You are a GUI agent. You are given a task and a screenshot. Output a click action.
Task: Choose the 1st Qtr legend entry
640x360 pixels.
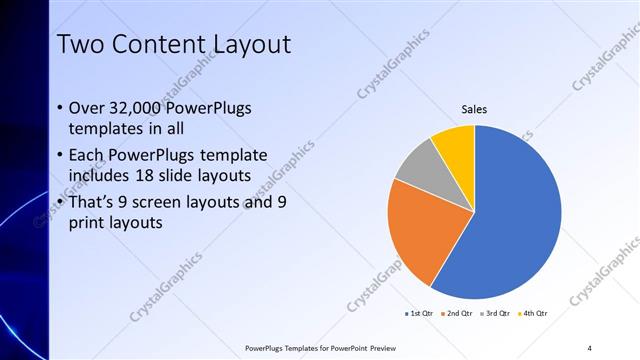pos(418,313)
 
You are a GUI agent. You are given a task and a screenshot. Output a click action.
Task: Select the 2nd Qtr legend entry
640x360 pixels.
pos(457,313)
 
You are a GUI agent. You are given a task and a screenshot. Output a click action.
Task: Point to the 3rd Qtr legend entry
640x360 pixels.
pos(496,313)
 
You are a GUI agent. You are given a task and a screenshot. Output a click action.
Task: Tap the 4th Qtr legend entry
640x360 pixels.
pos(534,313)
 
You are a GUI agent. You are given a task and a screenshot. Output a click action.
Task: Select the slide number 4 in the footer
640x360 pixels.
pos(589,347)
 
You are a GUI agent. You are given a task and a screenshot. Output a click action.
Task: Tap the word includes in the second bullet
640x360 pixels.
pos(98,176)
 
